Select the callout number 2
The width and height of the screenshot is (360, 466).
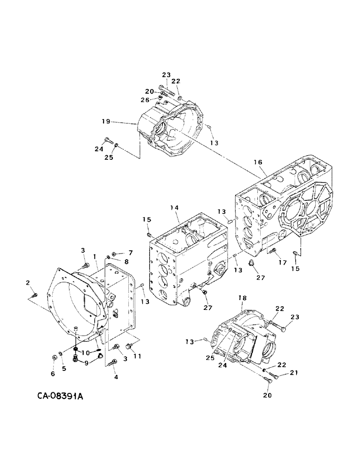(28, 283)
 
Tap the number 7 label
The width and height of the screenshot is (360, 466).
(131, 253)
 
